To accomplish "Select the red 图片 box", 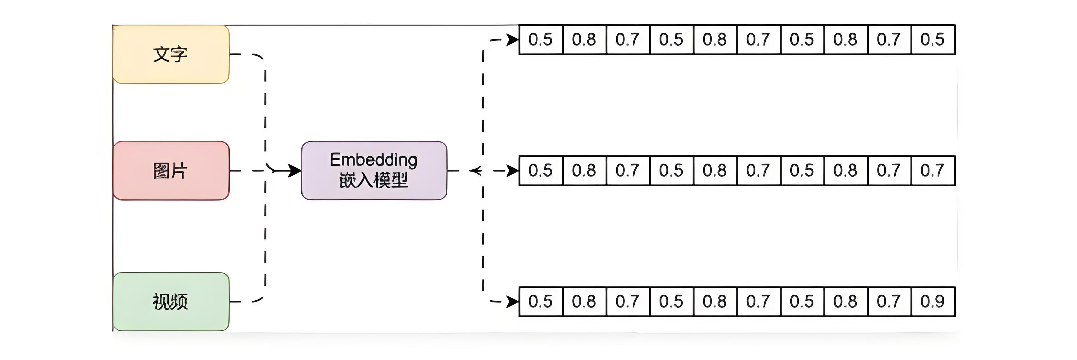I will [171, 171].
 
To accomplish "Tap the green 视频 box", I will [171, 301].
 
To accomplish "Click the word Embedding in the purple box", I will [373, 160].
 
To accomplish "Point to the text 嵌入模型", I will [373, 181].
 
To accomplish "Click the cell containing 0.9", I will [932, 301].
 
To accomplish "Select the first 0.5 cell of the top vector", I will [541, 40].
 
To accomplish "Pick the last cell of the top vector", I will [932, 40].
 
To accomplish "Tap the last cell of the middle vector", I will [932, 171].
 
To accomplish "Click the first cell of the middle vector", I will [541, 171].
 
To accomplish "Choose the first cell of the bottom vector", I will [541, 301].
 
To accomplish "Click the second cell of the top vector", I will [584, 40].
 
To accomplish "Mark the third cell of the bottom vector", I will [628, 301].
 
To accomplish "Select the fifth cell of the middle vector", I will [714, 171].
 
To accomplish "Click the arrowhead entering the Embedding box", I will [295, 171].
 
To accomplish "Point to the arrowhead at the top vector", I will [513, 40].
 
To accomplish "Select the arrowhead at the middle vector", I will [513, 171].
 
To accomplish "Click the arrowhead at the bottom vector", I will [513, 301].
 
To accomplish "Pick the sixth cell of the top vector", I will [758, 40].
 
